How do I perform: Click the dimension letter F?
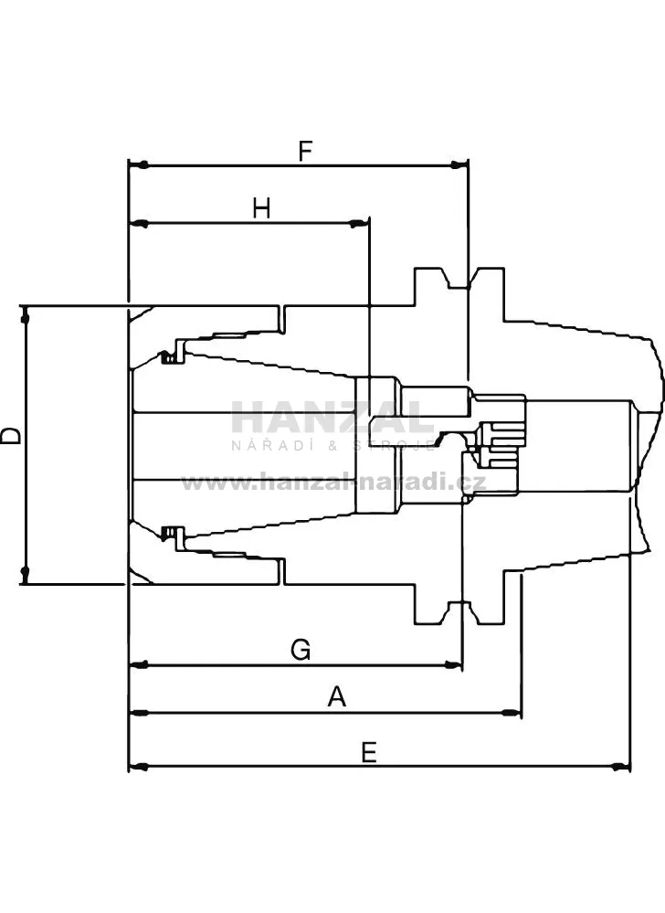[x=305, y=151]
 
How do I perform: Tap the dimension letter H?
[x=262, y=207]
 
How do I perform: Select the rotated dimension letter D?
[x=10, y=435]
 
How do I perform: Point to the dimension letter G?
[x=301, y=649]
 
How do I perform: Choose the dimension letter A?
[x=337, y=696]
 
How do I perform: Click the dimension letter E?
[x=369, y=752]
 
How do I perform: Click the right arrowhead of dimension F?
[x=459, y=165]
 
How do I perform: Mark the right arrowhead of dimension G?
[x=453, y=664]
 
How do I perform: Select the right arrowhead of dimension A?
[x=512, y=713]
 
